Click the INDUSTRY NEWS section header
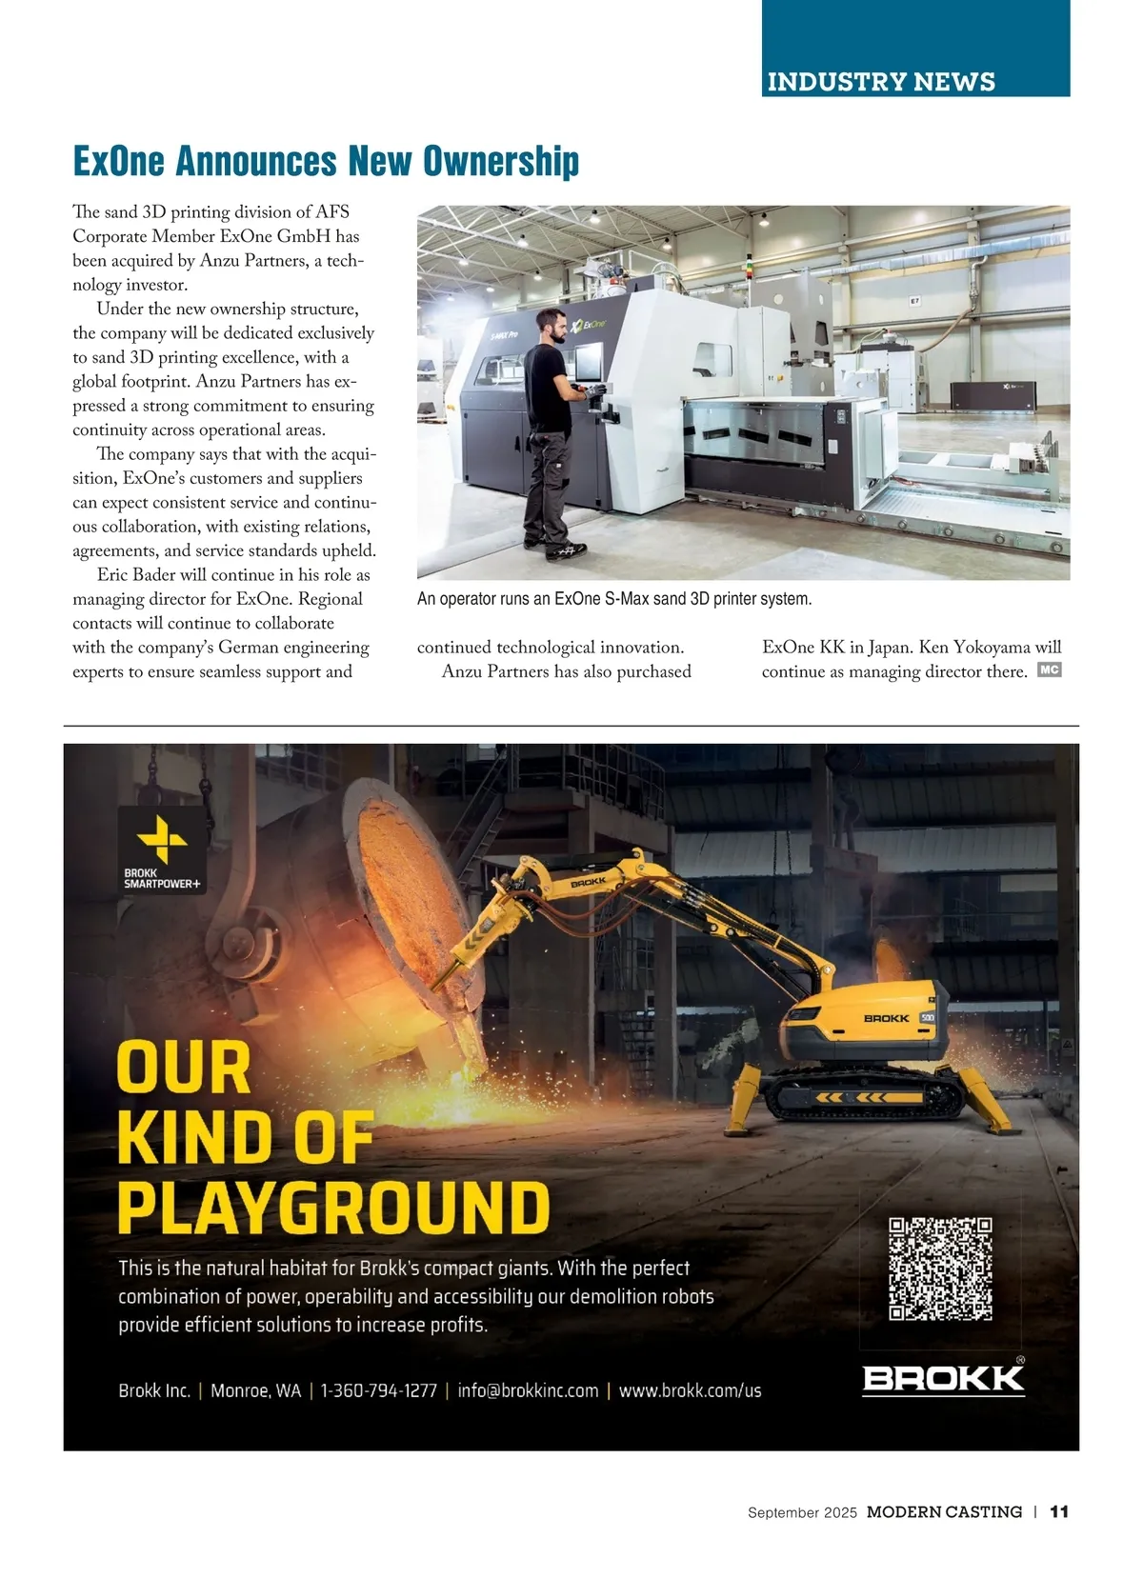coord(881,82)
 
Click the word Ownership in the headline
coord(501,161)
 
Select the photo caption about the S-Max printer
coord(614,599)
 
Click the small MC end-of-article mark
coord(1049,670)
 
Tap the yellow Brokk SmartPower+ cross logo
coord(162,839)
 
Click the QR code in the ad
coord(941,1268)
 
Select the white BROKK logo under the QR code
coord(943,1378)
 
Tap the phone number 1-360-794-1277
coord(379,1390)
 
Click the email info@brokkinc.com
coord(528,1390)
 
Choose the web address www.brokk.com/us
coord(691,1390)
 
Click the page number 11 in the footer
coord(1059,1511)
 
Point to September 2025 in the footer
coord(802,1512)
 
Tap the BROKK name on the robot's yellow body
coord(886,1019)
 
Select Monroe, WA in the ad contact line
coord(255,1390)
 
